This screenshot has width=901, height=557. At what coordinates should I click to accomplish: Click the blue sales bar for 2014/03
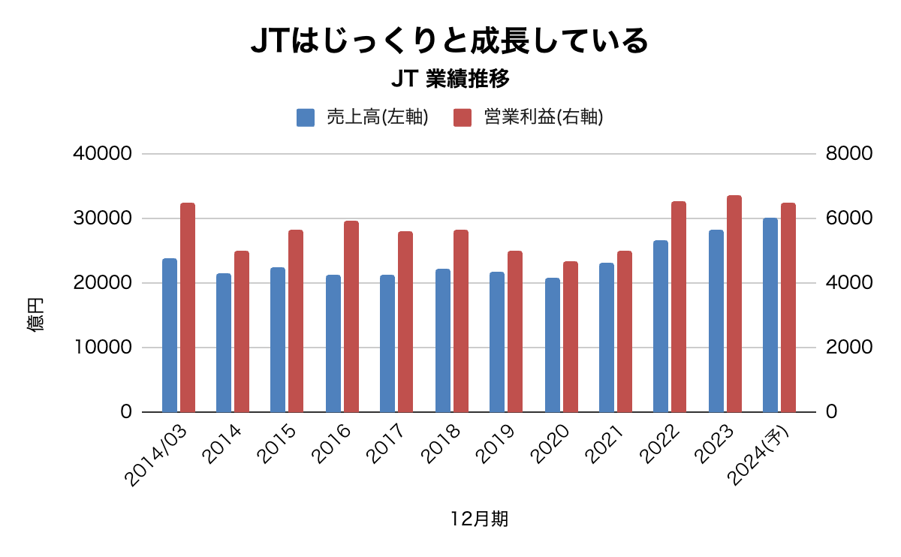point(170,336)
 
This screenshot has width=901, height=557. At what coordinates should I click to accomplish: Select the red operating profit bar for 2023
point(734,304)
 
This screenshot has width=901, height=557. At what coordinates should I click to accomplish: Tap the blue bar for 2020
point(553,345)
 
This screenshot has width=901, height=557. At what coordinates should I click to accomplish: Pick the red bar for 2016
point(351,317)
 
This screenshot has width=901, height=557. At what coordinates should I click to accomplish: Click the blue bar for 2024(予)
point(770,315)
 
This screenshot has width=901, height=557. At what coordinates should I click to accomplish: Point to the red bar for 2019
point(515,332)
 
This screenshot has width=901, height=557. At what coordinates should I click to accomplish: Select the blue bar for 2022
point(661,327)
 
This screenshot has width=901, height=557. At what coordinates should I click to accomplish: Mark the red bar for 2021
point(625,332)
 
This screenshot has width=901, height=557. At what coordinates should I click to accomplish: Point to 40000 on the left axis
point(104,154)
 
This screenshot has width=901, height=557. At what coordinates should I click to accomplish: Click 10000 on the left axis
point(104,348)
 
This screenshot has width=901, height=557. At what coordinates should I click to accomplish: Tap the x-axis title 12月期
point(479,519)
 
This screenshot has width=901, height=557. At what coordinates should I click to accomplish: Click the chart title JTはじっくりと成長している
point(449,41)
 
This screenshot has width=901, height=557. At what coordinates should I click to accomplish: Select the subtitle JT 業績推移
point(450,79)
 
